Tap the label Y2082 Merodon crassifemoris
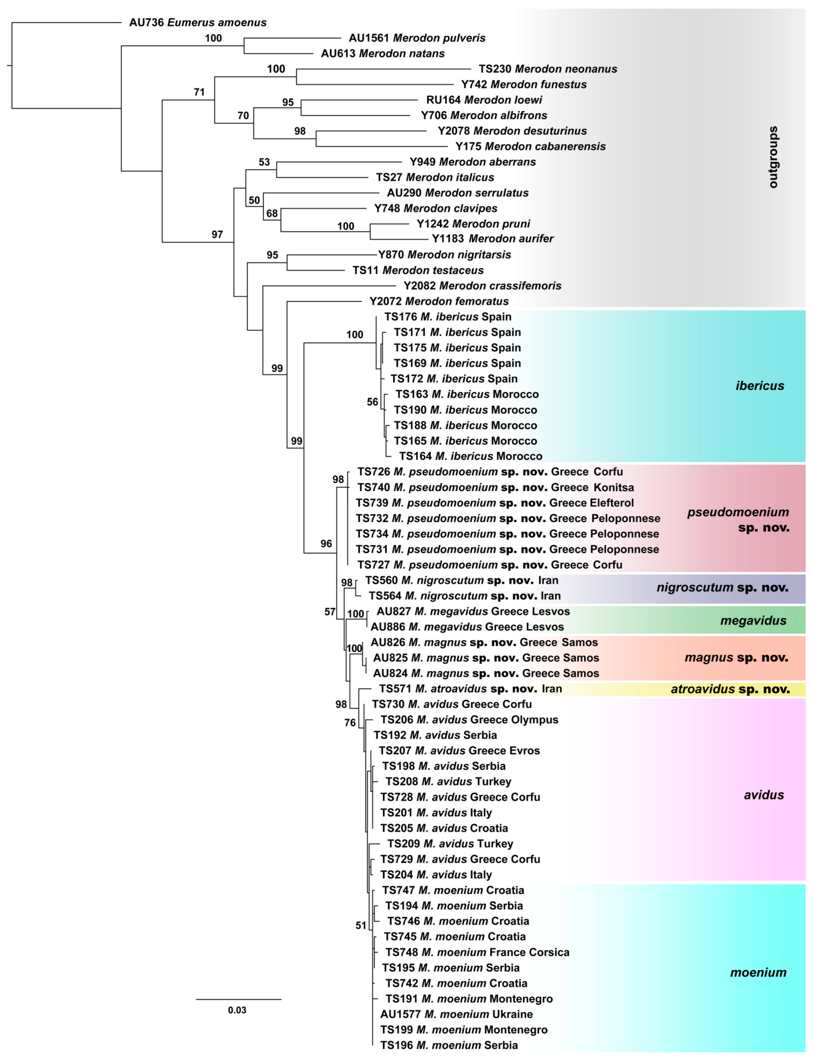(x=482, y=286)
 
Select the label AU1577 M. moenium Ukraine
(x=456, y=1014)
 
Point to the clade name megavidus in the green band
(x=753, y=621)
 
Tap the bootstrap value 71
(x=199, y=92)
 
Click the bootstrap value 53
(x=264, y=162)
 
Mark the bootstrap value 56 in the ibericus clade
(x=372, y=402)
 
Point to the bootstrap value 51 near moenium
(x=361, y=926)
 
